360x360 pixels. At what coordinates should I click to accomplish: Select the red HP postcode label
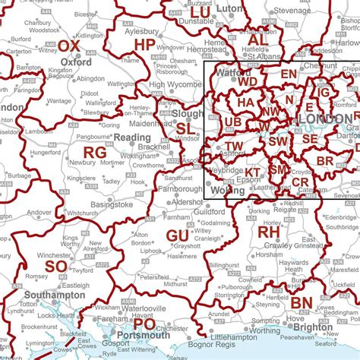tap(145, 46)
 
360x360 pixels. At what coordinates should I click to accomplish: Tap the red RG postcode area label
tap(95, 153)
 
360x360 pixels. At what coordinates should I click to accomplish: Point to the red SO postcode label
tap(55, 267)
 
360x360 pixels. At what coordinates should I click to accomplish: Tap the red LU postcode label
tap(201, 13)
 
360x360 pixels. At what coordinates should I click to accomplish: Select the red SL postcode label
tap(185, 129)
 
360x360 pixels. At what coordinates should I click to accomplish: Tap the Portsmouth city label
tap(144, 335)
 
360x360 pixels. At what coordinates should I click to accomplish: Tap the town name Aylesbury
tap(141, 32)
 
